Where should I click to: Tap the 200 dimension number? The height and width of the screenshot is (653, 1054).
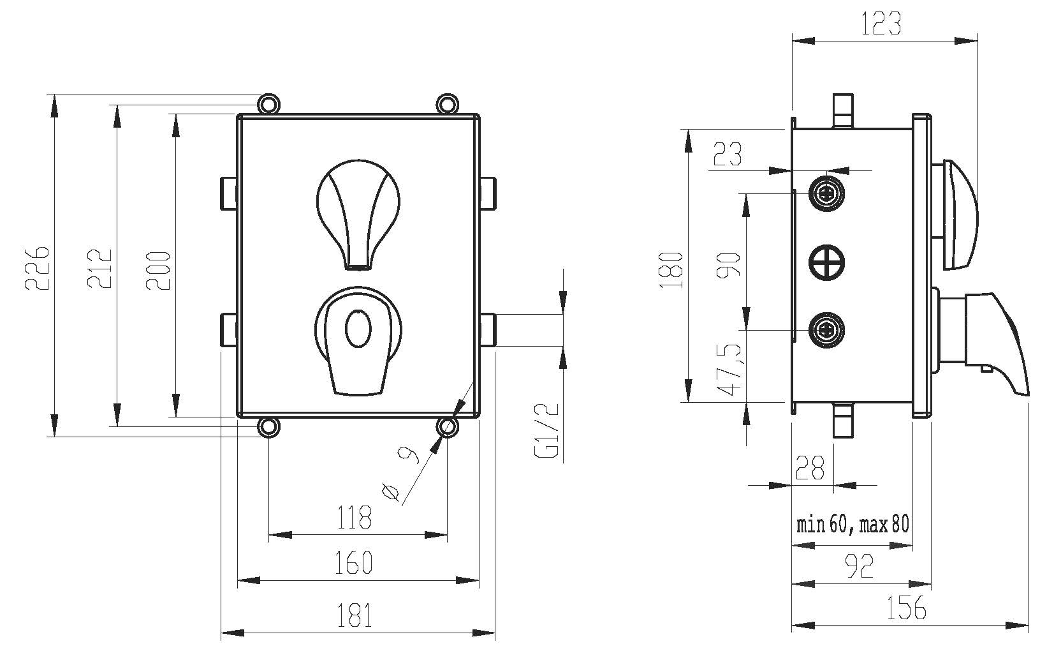click(159, 270)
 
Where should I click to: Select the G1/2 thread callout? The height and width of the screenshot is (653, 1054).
click(547, 432)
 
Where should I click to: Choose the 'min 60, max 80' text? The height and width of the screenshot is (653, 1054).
click(853, 525)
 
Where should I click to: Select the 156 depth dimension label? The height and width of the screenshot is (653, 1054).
click(906, 608)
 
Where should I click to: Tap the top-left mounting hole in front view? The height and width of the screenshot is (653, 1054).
click(268, 103)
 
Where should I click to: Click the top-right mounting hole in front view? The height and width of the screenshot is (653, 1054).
click(446, 103)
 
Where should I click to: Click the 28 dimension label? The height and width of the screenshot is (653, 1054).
click(810, 468)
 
